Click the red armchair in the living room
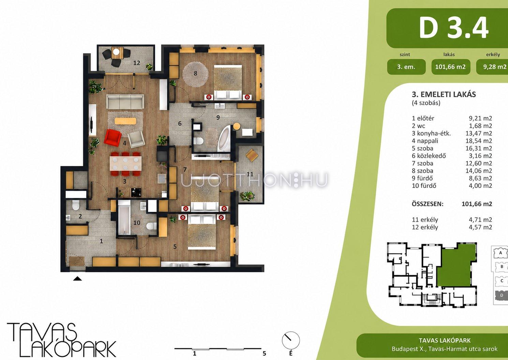pyautogui.click(x=113, y=138)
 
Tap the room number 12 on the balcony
pyautogui.click(x=137, y=63)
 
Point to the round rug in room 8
pyautogui.click(x=195, y=74)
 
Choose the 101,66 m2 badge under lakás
pyautogui.click(x=450, y=67)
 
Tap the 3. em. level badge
pyautogui.click(x=406, y=67)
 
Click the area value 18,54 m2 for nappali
pyautogui.click(x=479, y=141)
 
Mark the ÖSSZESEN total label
pyautogui.click(x=428, y=204)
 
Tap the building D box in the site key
pyautogui.click(x=502, y=295)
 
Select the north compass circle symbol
pyautogui.click(x=291, y=340)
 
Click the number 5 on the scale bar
pyautogui.click(x=264, y=353)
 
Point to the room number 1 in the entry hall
pyautogui.click(x=101, y=241)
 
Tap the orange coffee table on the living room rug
pyautogui.click(x=125, y=121)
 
